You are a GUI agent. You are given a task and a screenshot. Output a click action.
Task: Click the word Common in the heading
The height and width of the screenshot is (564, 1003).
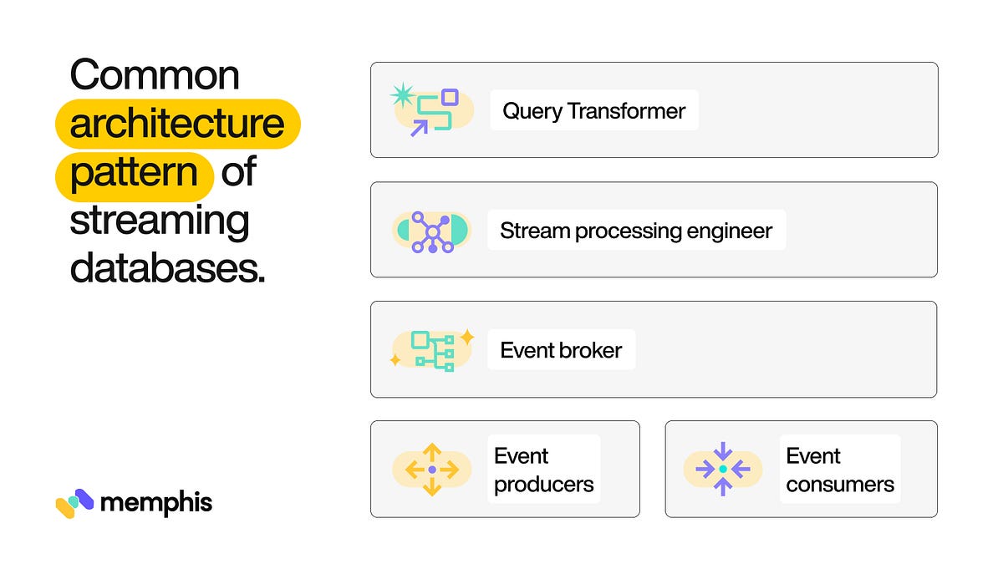[155, 76]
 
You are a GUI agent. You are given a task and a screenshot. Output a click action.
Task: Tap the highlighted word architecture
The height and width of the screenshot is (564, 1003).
[177, 124]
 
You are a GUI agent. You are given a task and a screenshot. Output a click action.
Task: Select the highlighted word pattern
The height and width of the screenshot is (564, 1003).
[134, 173]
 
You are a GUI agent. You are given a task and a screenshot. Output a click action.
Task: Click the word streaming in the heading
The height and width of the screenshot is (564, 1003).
[160, 221]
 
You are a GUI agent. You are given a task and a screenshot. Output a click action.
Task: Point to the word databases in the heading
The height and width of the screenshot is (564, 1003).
[167, 269]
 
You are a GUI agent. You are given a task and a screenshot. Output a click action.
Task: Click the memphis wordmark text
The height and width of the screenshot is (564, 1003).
[155, 502]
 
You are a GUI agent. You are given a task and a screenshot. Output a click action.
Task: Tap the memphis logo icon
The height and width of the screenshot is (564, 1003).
[74, 503]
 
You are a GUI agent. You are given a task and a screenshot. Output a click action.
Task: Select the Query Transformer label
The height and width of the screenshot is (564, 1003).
[593, 110]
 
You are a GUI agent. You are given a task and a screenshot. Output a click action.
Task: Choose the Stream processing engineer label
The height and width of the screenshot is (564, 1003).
[636, 231]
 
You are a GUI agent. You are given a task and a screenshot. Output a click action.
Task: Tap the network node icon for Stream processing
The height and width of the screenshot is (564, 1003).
[432, 231]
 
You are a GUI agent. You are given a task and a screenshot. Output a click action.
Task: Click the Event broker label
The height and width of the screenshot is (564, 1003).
[561, 350]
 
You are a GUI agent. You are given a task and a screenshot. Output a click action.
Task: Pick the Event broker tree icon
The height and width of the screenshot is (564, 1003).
[432, 350]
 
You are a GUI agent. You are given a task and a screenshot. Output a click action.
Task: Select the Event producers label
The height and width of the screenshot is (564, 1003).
[543, 470]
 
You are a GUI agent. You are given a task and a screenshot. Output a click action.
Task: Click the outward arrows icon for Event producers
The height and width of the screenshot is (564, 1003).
[432, 470]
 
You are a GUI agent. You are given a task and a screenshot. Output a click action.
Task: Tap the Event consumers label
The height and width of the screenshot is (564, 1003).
[839, 470]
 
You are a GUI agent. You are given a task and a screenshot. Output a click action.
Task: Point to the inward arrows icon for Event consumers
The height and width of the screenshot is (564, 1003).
[723, 470]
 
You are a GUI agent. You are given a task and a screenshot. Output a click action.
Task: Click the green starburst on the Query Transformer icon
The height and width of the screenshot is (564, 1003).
[403, 94]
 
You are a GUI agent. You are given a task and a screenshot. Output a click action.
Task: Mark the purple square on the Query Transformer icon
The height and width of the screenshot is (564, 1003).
[450, 97]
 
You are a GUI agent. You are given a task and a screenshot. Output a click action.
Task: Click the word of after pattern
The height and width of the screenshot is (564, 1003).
[239, 173]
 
